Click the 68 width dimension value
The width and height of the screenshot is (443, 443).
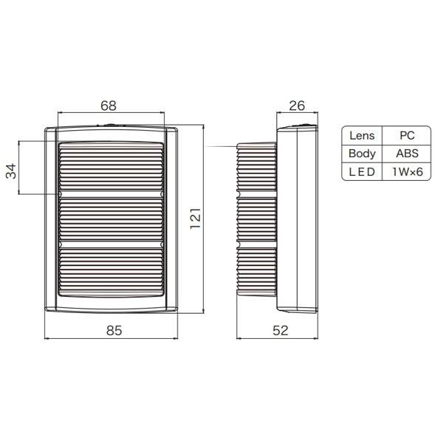click(109, 106)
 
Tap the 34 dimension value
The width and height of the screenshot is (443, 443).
click(11, 171)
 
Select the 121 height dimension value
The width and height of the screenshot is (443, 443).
click(195, 219)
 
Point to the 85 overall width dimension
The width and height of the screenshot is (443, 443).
click(114, 330)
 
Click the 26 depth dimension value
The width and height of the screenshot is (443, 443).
click(297, 106)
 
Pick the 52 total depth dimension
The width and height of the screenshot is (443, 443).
click(281, 330)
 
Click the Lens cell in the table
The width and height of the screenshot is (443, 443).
click(362, 136)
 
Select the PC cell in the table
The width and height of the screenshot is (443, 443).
click(407, 136)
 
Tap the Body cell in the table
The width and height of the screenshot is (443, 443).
click(362, 154)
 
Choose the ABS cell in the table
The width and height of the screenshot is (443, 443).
click(407, 154)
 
